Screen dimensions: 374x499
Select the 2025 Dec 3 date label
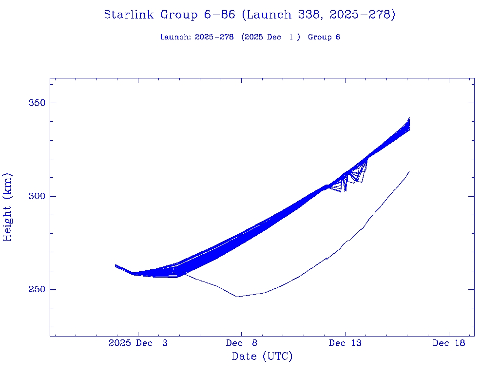(x=138, y=343)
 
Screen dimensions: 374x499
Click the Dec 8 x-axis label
(x=241, y=343)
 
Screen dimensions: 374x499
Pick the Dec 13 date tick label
(x=345, y=343)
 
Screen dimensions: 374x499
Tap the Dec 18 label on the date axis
(x=449, y=343)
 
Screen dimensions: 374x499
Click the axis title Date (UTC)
(x=262, y=357)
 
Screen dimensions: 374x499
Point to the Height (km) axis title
(x=7, y=206)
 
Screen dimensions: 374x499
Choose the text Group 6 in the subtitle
(x=324, y=37)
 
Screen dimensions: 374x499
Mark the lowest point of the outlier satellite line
(x=237, y=297)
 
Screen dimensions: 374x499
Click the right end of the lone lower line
(x=409, y=171)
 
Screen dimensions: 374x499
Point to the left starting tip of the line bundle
(x=115, y=265)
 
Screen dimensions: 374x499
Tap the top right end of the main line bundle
(x=409, y=118)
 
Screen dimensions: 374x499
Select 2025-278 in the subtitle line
(x=211, y=37)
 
